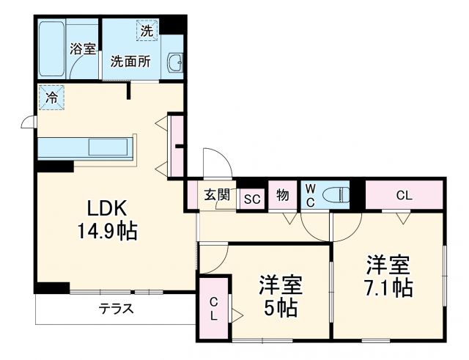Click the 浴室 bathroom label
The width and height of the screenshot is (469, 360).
tap(81, 49)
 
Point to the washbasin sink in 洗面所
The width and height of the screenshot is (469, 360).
tap(175, 64)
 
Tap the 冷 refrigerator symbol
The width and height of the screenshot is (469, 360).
tap(52, 98)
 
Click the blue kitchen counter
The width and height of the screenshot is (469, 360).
tap(84, 147)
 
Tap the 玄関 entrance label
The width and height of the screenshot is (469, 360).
tap(217, 195)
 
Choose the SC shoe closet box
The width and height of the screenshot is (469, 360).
tap(251, 199)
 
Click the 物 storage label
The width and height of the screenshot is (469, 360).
tap(282, 196)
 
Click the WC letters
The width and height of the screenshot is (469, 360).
tap(309, 195)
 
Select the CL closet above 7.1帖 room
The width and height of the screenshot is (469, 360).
tap(404, 196)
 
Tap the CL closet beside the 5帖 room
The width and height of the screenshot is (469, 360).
tap(213, 308)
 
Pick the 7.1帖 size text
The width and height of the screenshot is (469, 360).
tap(388, 287)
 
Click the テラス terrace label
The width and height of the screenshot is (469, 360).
tap(117, 309)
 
